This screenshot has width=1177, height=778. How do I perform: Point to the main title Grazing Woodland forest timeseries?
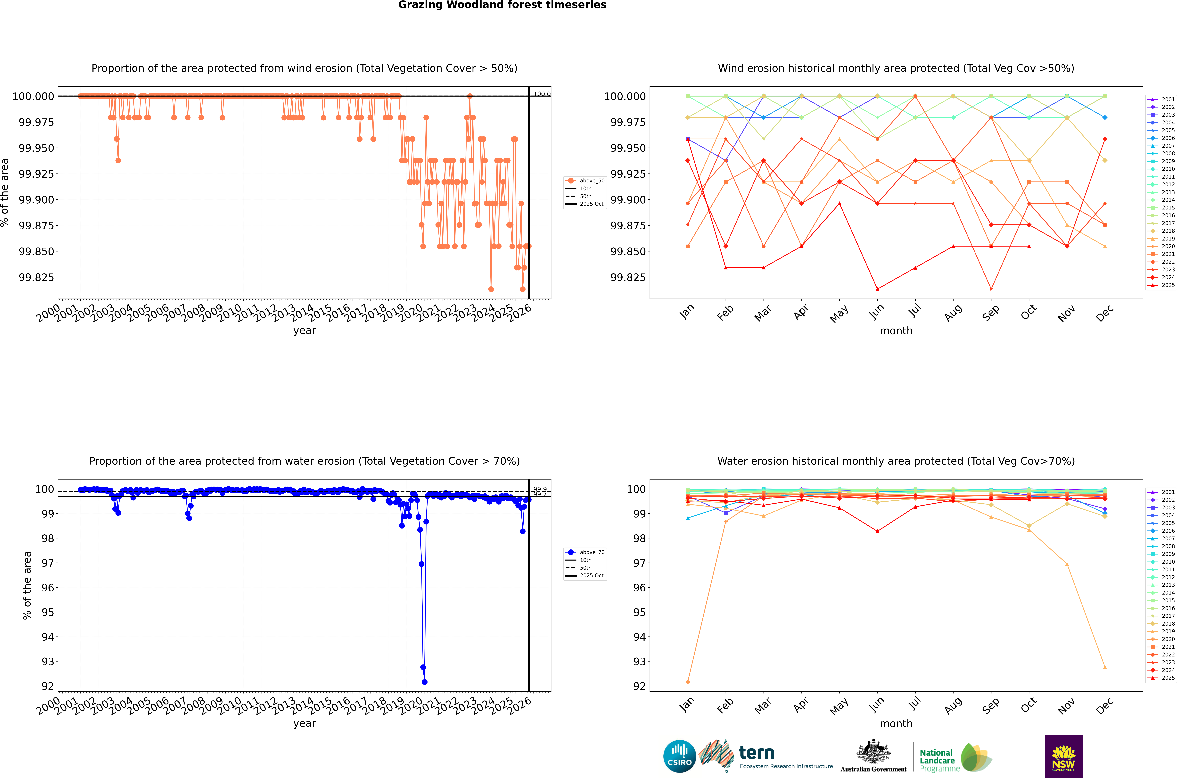(502, 5)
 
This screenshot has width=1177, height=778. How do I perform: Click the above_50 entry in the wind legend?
(592, 181)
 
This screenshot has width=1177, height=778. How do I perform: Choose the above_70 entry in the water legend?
(592, 552)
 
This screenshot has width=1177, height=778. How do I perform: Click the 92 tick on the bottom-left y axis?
(48, 686)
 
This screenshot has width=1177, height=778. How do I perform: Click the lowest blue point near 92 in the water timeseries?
(425, 682)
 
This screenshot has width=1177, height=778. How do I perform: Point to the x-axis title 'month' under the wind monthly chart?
(896, 331)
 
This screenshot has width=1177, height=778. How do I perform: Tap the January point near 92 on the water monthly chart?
(687, 682)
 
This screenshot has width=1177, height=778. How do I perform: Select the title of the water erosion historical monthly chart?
(896, 461)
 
